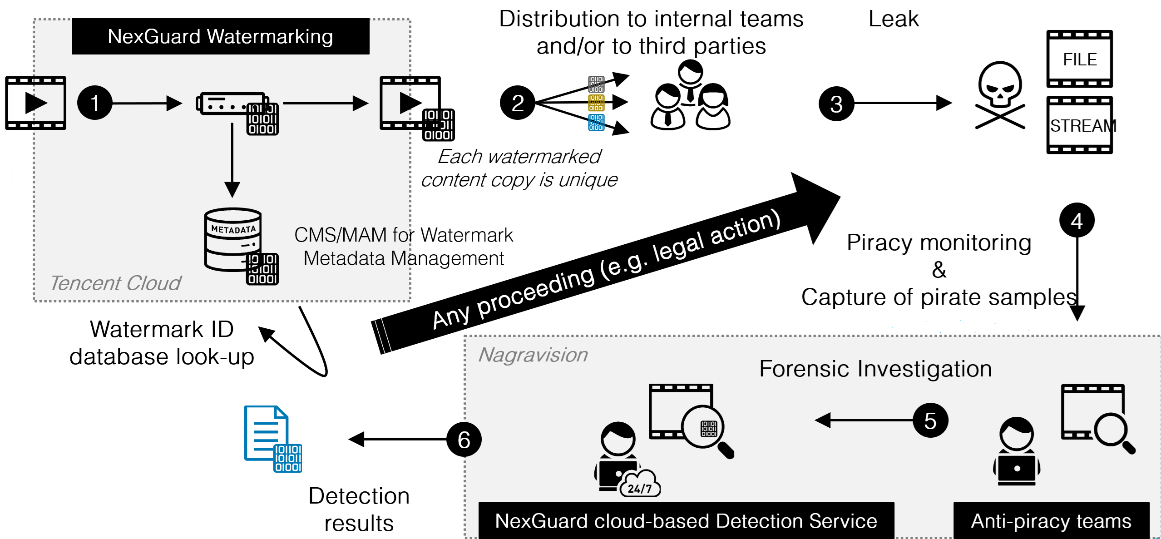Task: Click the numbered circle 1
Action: click(x=94, y=103)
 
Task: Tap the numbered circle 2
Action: click(x=517, y=103)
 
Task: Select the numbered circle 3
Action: click(x=836, y=104)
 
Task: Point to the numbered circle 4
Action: click(x=1077, y=221)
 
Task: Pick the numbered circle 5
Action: click(x=930, y=420)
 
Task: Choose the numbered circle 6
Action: click(x=464, y=440)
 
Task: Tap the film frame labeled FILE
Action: click(x=1079, y=59)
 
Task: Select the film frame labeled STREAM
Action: click(x=1079, y=125)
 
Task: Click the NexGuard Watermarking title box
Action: click(x=220, y=36)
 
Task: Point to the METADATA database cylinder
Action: click(x=233, y=239)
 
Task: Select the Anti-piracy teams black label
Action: click(x=1051, y=521)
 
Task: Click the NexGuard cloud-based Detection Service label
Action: click(x=686, y=521)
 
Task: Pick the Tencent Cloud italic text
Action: click(x=115, y=283)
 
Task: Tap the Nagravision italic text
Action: click(x=533, y=355)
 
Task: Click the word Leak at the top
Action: click(x=893, y=19)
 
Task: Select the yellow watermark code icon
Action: click(x=596, y=103)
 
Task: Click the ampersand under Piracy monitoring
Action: click(x=939, y=270)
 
